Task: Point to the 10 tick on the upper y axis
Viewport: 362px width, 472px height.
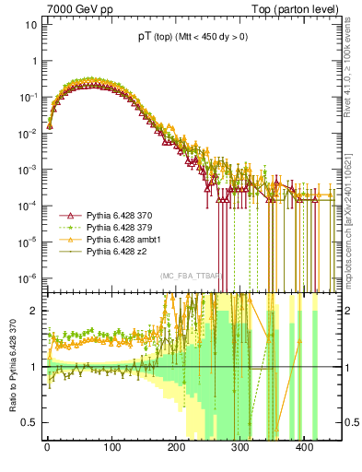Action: click(31, 24)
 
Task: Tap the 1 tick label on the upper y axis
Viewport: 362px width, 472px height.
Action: click(34, 60)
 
